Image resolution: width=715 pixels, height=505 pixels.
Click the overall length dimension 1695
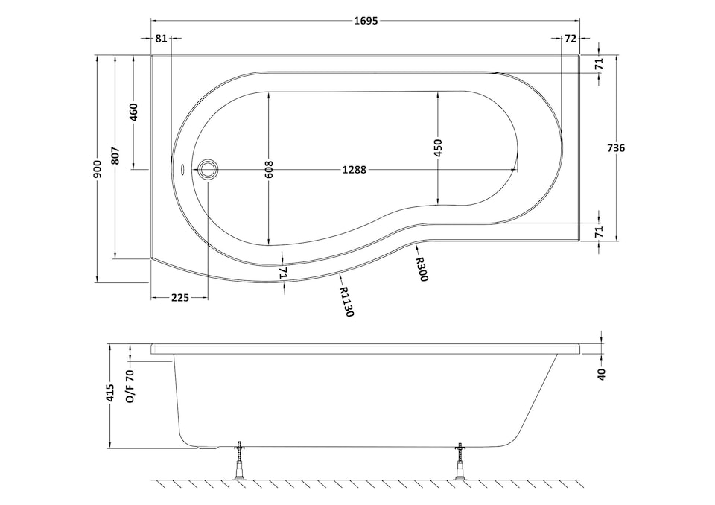366,21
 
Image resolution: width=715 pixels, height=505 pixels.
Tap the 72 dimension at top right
571,38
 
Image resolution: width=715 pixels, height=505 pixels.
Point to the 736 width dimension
615,147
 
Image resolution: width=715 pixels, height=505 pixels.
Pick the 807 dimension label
115,155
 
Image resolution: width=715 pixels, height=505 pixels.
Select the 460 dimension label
134,113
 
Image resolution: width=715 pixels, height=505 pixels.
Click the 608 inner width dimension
269,170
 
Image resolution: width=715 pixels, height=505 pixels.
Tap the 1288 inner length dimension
354,170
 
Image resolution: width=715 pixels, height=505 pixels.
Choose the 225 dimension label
179,297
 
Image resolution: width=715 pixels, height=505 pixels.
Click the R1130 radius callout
344,302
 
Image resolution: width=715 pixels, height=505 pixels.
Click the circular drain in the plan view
208,171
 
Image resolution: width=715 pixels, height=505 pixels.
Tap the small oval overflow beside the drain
184,170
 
